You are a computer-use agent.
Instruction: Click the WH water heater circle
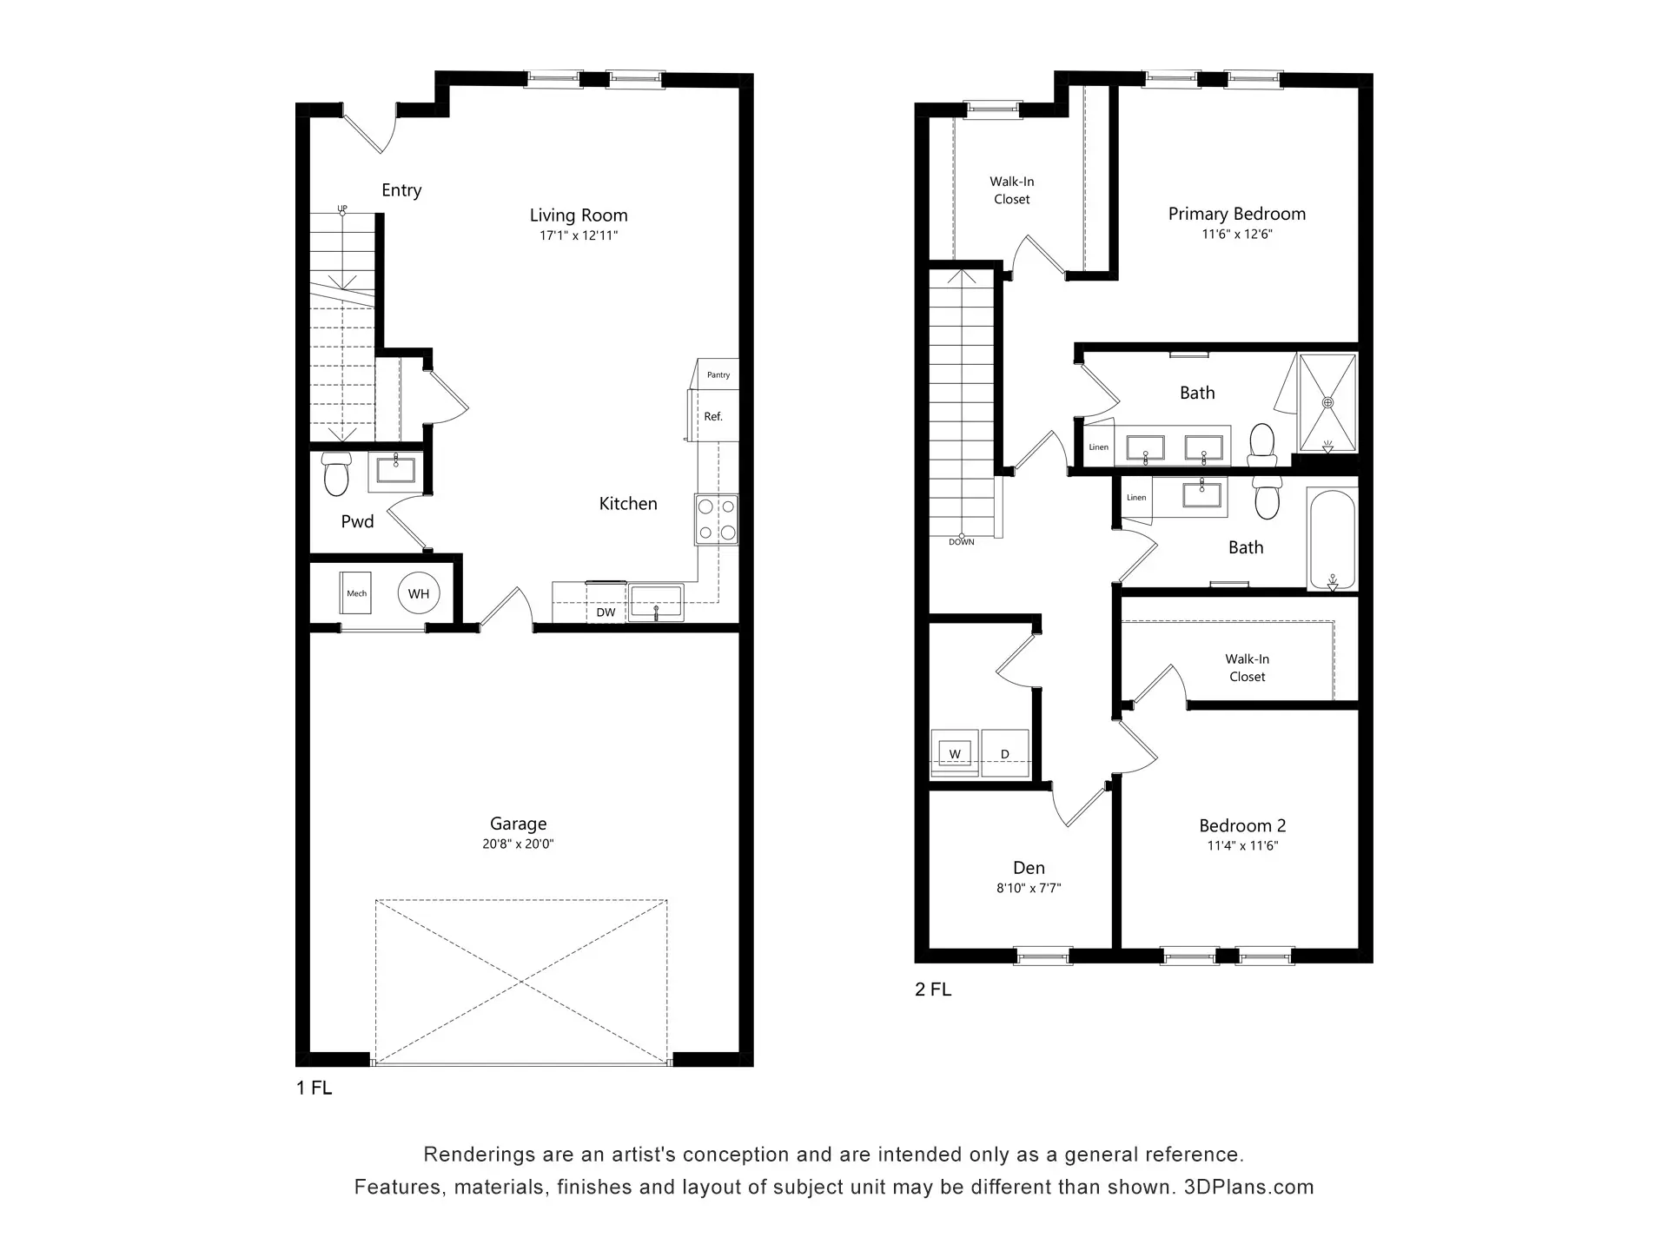click(x=419, y=594)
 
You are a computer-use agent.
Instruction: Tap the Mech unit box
click(x=356, y=593)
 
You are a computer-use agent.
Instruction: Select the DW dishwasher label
click(x=606, y=612)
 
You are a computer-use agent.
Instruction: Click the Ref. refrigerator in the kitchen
click(x=713, y=415)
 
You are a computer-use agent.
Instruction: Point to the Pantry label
click(x=718, y=375)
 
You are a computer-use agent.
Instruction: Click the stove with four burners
click(x=717, y=520)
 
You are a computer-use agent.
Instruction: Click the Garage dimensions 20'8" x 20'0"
click(x=518, y=844)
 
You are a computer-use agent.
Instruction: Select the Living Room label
click(x=579, y=215)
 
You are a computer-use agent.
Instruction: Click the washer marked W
click(x=955, y=752)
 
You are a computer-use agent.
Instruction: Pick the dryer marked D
click(x=1005, y=752)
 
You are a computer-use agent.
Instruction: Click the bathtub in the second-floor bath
click(x=1332, y=539)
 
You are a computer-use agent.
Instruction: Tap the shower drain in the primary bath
click(x=1327, y=402)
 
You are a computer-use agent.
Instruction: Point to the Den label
click(x=1029, y=868)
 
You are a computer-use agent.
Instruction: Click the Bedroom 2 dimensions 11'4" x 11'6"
click(x=1242, y=845)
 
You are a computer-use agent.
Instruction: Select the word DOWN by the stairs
click(x=962, y=542)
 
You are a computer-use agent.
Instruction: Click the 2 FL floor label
click(x=933, y=990)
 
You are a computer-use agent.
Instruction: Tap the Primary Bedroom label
click(x=1237, y=214)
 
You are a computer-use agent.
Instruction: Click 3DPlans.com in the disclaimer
click(x=1248, y=1187)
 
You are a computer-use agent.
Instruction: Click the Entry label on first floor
click(x=401, y=190)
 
